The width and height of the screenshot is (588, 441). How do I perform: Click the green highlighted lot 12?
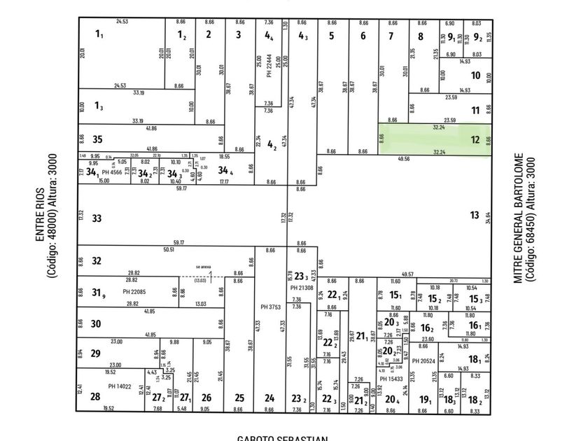[434, 139]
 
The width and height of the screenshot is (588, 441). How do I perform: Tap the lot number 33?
[97, 218]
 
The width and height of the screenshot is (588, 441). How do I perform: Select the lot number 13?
[475, 216]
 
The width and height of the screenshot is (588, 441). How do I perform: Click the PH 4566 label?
[112, 171]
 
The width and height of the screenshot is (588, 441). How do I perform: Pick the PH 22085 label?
[133, 291]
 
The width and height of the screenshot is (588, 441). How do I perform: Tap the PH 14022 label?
[119, 385]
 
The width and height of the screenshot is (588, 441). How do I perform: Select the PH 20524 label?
[424, 361]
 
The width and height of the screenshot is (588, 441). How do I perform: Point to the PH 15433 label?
[392, 379]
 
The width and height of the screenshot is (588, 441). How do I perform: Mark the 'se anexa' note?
[203, 267]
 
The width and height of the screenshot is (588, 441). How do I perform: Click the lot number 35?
[97, 139]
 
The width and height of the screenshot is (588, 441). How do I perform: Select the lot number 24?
[269, 398]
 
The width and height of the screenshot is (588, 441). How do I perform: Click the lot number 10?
[475, 76]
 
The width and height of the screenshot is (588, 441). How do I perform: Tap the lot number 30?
[96, 323]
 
